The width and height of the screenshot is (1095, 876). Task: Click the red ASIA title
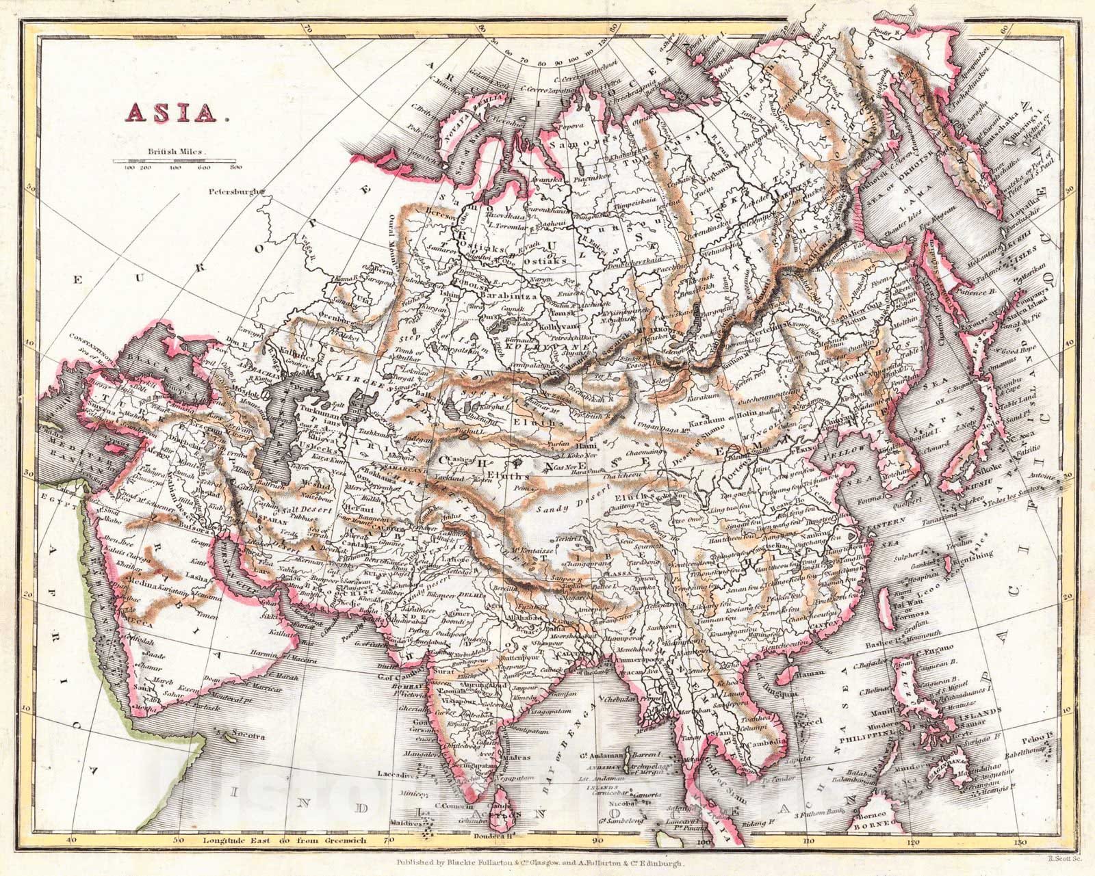175,111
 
